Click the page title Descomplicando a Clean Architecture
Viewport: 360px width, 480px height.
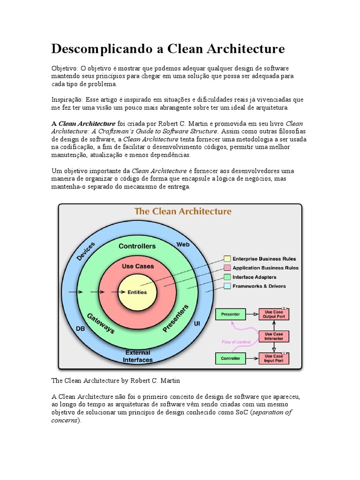point(168,49)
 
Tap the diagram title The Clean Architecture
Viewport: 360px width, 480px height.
point(183,211)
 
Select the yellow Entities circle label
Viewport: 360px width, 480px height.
point(137,292)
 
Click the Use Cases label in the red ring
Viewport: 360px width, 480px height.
point(138,266)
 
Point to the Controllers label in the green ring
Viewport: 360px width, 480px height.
point(137,246)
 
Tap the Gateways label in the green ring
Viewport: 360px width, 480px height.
point(100,323)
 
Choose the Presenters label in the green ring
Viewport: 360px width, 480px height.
point(175,319)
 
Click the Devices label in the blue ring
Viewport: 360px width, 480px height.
point(85,252)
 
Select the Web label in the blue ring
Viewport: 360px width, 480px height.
point(183,245)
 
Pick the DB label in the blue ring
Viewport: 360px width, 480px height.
point(81,329)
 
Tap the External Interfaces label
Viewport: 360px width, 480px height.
point(138,356)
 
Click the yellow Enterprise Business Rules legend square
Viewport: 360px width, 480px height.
point(227,259)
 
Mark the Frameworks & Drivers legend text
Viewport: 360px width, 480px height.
point(259,286)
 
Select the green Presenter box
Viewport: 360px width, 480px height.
point(230,314)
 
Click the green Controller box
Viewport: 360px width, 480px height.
point(230,359)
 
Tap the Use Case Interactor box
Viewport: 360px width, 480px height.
point(274,336)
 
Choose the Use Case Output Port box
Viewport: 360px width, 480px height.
point(274,314)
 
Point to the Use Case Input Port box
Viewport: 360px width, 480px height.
point(274,359)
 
